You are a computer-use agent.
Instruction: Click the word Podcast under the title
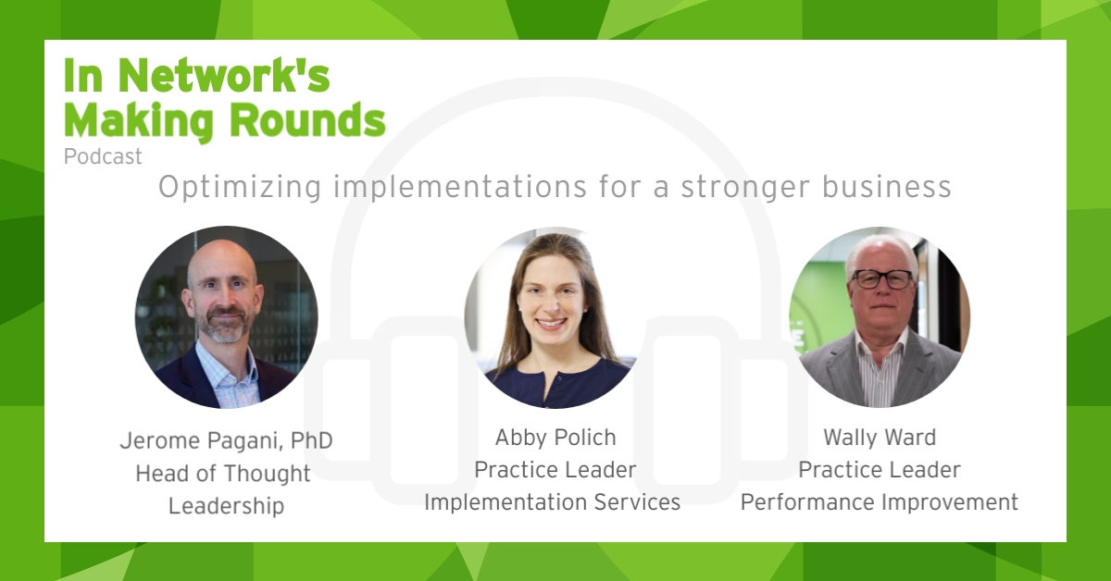(x=103, y=157)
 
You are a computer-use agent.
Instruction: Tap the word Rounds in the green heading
(x=308, y=120)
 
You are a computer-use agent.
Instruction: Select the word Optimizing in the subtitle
(x=240, y=188)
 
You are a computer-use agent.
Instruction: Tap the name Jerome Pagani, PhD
(x=226, y=440)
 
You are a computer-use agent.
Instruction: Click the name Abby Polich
(x=555, y=438)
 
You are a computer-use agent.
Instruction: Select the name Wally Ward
(x=880, y=438)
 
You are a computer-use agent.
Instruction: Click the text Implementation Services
(x=553, y=501)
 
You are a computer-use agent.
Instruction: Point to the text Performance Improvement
(x=880, y=501)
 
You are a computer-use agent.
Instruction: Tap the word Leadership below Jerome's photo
(x=226, y=506)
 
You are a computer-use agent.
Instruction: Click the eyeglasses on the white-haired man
(x=882, y=279)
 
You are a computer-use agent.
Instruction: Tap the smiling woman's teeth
(x=551, y=323)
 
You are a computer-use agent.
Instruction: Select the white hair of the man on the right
(x=881, y=253)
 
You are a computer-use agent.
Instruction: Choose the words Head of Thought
(x=223, y=474)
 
